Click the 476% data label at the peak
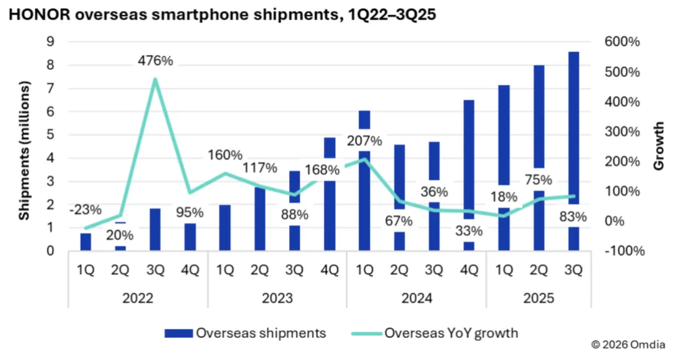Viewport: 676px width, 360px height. [155, 61]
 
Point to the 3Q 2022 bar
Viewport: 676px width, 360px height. [155, 229]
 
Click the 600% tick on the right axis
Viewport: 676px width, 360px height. [622, 42]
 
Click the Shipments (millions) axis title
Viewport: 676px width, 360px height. [24, 151]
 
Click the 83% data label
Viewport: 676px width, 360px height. [573, 217]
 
